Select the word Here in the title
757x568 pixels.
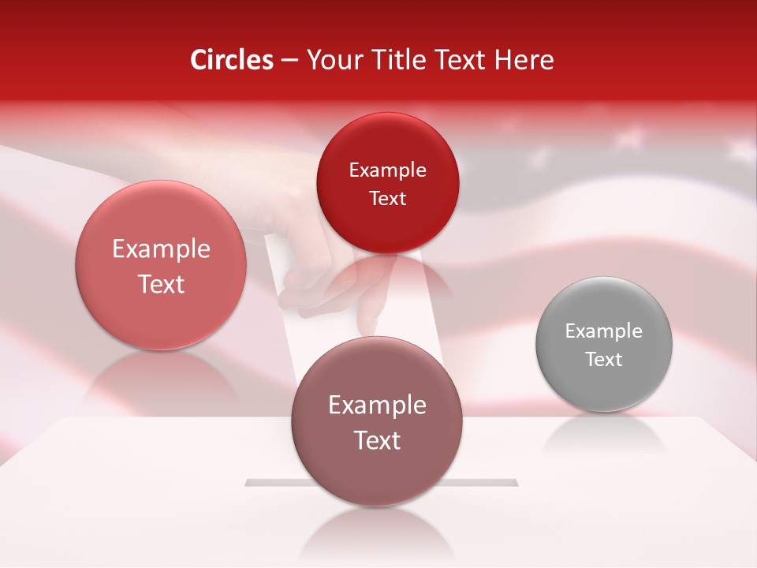pyautogui.click(x=525, y=60)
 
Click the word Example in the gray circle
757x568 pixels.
pyautogui.click(x=604, y=331)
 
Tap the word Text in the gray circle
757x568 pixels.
pyautogui.click(x=604, y=360)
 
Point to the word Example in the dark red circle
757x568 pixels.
pyautogui.click(x=387, y=170)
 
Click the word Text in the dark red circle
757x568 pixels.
pyautogui.click(x=387, y=199)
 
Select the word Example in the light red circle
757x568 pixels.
pyautogui.click(x=161, y=249)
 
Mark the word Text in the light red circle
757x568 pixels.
pyautogui.click(x=161, y=284)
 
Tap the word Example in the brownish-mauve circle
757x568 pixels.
pyautogui.click(x=377, y=405)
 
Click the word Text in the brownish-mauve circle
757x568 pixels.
pyautogui.click(x=377, y=440)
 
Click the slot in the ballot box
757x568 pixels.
pyautogui.click(x=489, y=481)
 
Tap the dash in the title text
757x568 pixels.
pyautogui.click(x=289, y=61)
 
